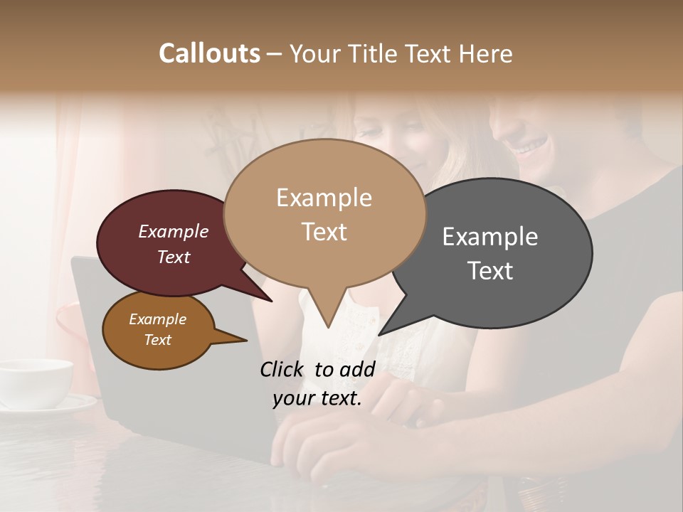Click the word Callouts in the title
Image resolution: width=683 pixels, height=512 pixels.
click(209, 53)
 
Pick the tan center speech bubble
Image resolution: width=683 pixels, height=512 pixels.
click(324, 213)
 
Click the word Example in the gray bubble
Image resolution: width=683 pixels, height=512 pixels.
click(490, 237)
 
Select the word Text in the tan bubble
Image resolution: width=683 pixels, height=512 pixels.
click(324, 232)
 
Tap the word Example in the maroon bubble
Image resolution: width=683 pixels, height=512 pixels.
click(174, 231)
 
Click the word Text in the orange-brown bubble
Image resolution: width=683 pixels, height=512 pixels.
click(158, 340)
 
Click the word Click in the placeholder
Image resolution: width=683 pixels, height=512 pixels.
click(282, 369)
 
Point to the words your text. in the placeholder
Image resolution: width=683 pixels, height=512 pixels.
click(317, 399)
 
